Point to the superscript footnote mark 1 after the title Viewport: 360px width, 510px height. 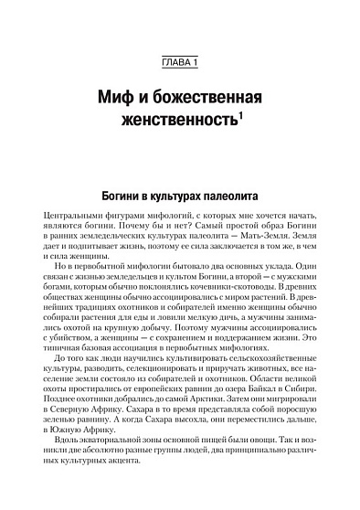coord(239,116)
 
